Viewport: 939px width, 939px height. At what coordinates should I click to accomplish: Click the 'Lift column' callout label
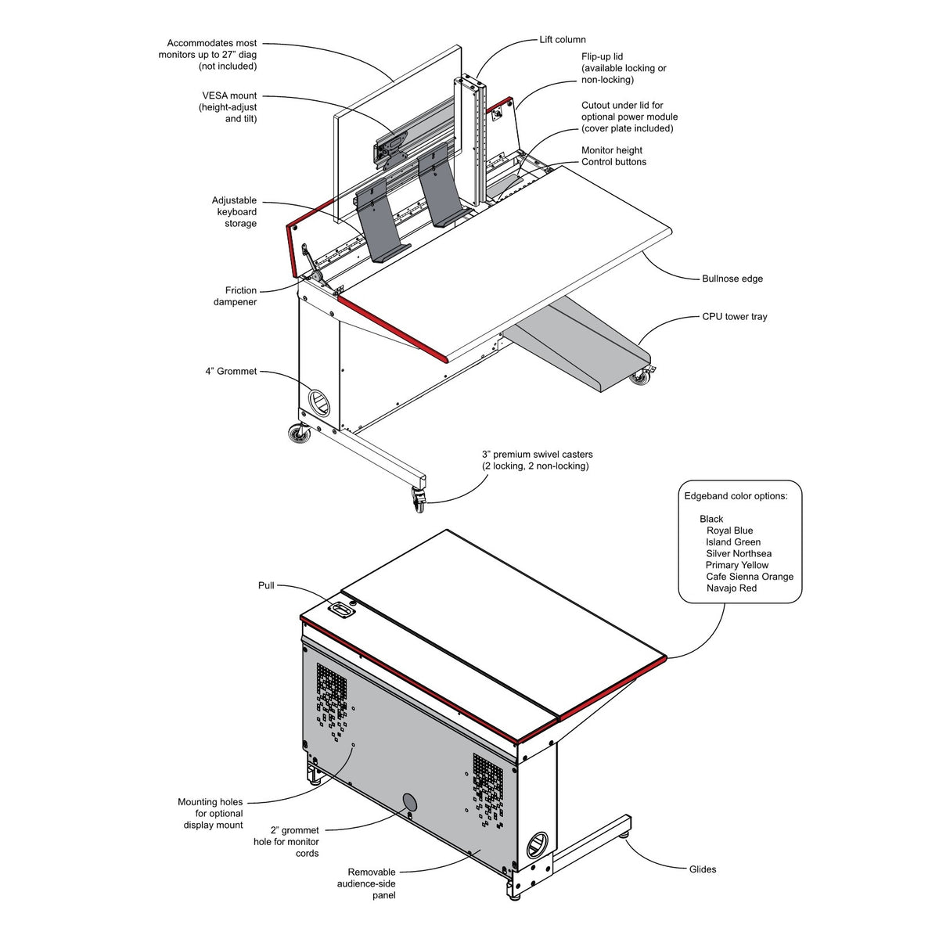click(x=562, y=40)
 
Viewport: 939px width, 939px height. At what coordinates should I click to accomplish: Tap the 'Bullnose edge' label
click(x=732, y=279)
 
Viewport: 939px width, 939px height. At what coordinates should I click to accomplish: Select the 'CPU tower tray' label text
click(x=734, y=317)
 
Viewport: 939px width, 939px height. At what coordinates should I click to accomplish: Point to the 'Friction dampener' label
click(x=236, y=296)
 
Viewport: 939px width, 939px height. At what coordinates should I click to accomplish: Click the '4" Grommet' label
click(x=231, y=372)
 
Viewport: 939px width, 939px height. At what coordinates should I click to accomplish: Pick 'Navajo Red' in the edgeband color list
click(x=731, y=588)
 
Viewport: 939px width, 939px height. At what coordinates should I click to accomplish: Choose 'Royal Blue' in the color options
click(x=729, y=531)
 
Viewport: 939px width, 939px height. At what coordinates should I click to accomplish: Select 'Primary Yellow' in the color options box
click(x=736, y=565)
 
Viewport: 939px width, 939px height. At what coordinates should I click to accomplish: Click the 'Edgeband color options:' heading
click(x=742, y=496)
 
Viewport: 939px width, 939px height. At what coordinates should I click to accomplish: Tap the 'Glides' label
click(x=702, y=869)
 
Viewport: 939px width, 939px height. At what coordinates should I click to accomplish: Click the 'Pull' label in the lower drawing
click(x=266, y=585)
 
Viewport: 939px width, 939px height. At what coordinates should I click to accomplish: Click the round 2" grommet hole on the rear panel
click(x=409, y=801)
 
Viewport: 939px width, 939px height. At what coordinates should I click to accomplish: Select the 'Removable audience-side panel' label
click(x=372, y=883)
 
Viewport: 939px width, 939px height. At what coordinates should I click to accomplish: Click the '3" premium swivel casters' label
click(x=537, y=460)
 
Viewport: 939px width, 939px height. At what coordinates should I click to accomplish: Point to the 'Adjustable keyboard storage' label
click(x=234, y=212)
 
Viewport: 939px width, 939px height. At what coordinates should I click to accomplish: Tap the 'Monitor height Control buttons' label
click(x=613, y=156)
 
